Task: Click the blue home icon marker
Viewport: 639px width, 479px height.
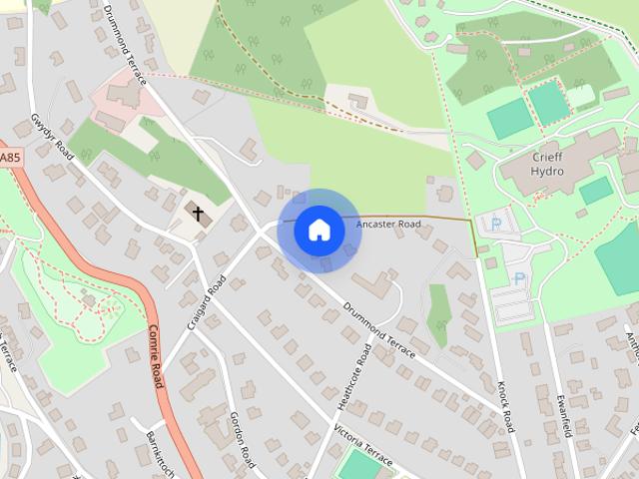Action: click(x=319, y=230)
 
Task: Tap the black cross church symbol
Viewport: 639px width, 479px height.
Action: click(x=198, y=213)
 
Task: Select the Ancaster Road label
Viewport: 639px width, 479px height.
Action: click(x=388, y=225)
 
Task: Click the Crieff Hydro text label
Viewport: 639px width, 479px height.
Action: click(x=546, y=165)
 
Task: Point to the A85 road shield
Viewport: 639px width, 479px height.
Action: click(x=10, y=158)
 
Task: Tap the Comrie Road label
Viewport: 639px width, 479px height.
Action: click(x=156, y=355)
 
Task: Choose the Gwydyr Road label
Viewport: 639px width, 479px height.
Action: click(x=52, y=137)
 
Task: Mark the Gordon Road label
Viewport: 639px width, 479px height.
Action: click(x=242, y=439)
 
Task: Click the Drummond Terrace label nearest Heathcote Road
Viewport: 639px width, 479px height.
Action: click(x=378, y=330)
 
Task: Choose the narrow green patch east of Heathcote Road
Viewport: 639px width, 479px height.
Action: click(x=438, y=314)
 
